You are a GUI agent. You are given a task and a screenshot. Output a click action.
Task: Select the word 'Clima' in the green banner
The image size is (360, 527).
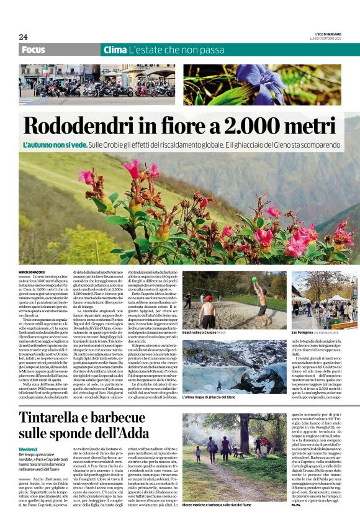(x=115, y=49)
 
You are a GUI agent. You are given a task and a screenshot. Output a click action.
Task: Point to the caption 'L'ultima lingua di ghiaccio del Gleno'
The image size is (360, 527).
(x=209, y=397)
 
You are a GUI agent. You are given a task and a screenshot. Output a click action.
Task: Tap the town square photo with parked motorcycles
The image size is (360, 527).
(x=97, y=84)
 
